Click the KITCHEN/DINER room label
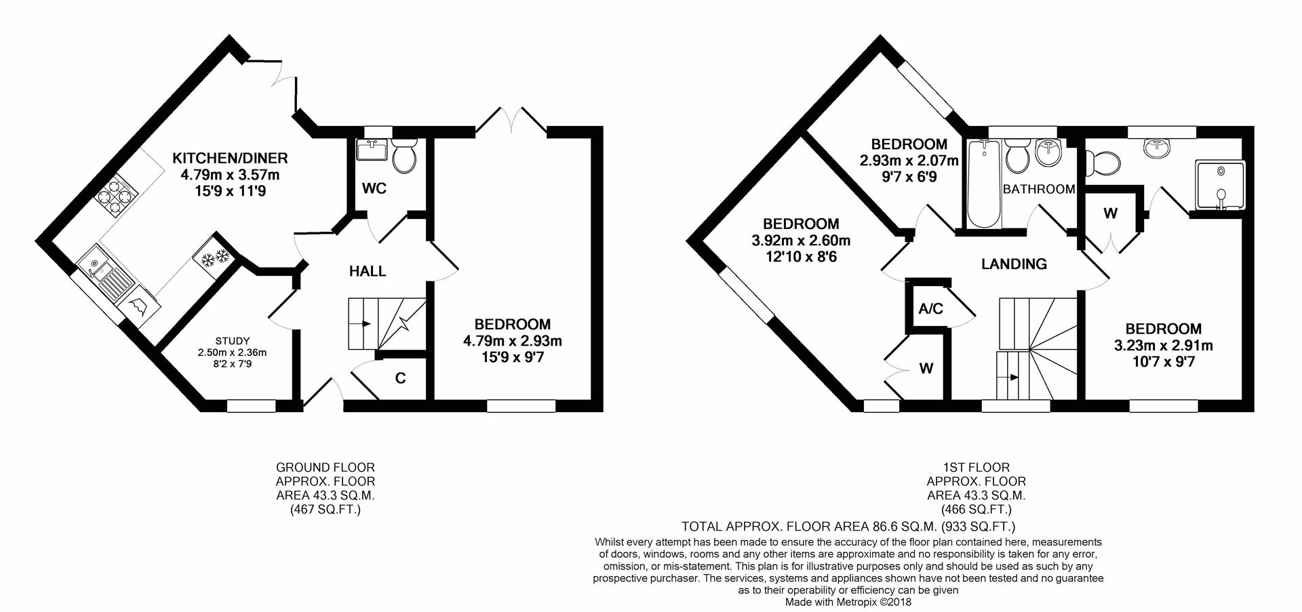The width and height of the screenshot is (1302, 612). coord(230,159)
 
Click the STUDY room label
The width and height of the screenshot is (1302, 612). coord(233,340)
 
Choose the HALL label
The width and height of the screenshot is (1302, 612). coord(368,272)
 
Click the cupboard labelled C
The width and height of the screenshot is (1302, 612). coord(401,378)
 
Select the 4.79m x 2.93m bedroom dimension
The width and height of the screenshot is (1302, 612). coord(513,341)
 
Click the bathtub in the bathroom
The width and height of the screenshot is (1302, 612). coord(981,183)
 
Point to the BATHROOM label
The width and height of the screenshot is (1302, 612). coord(1039,189)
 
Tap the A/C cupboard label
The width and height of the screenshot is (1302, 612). coord(930,309)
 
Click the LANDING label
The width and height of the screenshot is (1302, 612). coord(1014,264)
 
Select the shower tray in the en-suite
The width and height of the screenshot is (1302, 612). coord(1220,185)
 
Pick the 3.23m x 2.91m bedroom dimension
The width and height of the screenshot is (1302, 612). coord(1164,346)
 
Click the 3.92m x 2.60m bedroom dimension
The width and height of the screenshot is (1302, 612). coord(801,241)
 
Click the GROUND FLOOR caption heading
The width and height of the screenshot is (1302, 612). coord(325,468)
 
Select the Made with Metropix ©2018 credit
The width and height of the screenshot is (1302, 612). coord(848,602)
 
